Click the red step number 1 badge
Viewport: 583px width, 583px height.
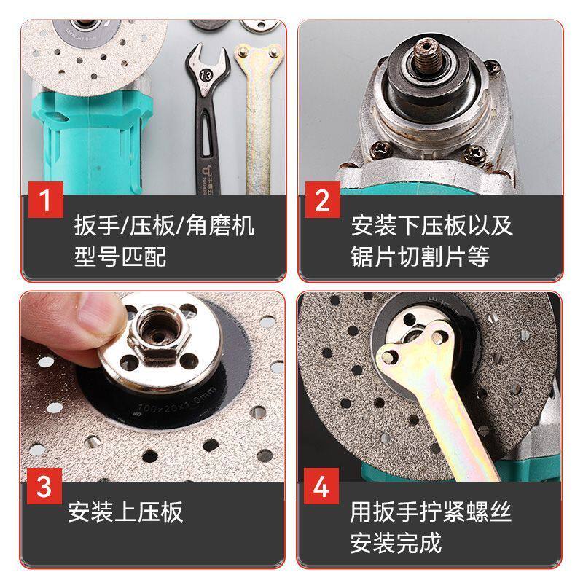(46, 200)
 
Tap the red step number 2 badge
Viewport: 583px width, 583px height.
(322, 200)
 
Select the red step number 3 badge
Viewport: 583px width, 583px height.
(44, 486)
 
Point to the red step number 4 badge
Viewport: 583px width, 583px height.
(321, 486)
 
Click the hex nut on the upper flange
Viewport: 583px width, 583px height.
(159, 334)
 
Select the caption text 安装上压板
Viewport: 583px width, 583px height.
(125, 512)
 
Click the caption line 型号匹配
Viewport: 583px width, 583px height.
(120, 257)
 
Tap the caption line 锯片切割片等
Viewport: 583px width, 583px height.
(420, 257)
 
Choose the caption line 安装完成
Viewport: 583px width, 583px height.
(396, 543)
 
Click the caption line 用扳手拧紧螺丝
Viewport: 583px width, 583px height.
(431, 512)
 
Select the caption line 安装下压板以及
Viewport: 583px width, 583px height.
(431, 225)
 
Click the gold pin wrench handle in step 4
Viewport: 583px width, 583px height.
(458, 420)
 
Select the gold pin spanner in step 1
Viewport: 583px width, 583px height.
(258, 118)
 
